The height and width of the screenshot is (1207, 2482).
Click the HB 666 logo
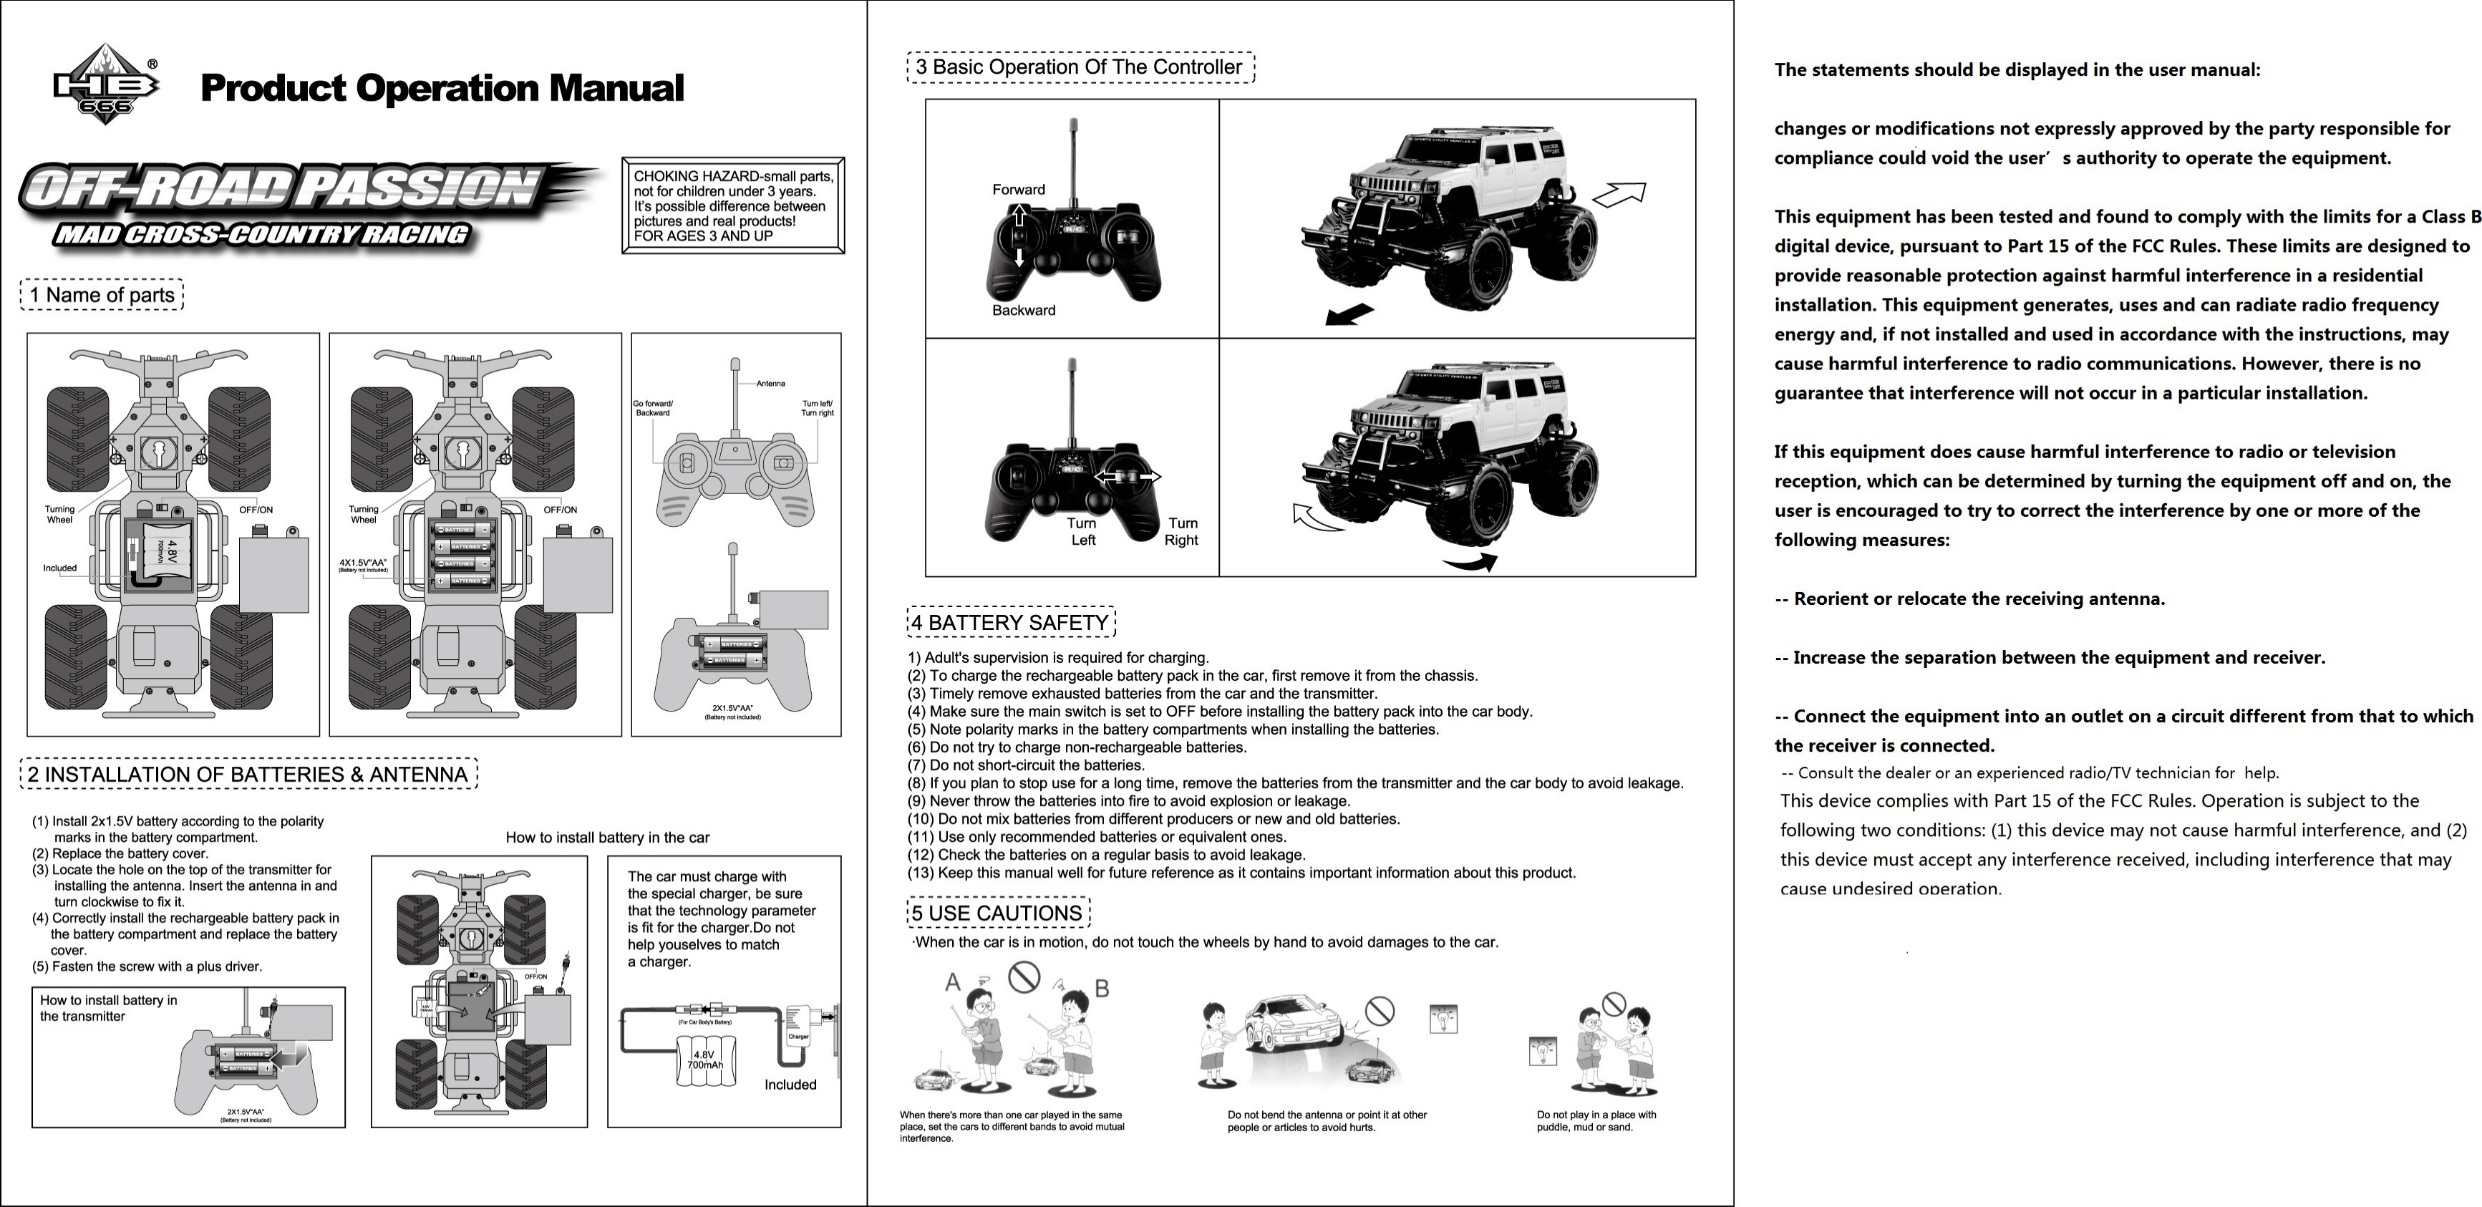coord(106,84)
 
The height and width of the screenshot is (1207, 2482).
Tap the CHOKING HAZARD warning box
coord(733,205)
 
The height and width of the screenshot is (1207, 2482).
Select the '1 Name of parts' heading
coord(102,295)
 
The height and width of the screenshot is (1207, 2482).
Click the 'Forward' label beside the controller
coord(1019,190)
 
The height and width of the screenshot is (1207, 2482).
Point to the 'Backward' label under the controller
coord(1023,310)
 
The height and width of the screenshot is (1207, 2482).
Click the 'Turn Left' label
coord(1082,532)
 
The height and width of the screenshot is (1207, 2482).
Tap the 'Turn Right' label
coord(1181,532)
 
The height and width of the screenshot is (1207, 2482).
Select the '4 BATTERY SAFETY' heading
coord(1011,622)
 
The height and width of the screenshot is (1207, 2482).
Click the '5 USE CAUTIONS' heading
coord(998,912)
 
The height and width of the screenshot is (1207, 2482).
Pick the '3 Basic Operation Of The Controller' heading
coord(1080,67)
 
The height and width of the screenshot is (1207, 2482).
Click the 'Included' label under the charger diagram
coord(790,1085)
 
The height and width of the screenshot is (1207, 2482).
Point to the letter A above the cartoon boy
coord(953,982)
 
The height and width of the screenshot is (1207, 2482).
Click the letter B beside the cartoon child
coord(1102,989)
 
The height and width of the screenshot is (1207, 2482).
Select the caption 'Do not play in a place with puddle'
coord(1596,1120)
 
